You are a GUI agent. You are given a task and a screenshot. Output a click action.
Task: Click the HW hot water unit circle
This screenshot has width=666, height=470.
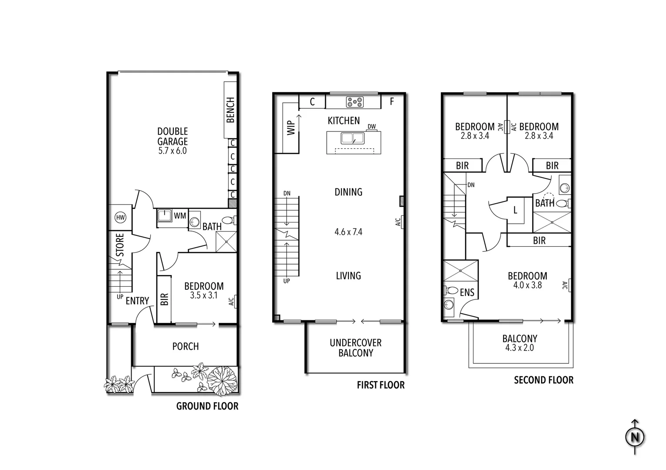point(120,218)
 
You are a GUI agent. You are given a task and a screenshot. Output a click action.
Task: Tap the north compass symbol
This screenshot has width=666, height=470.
point(635,437)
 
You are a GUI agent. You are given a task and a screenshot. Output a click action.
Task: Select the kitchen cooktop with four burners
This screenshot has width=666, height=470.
point(354,102)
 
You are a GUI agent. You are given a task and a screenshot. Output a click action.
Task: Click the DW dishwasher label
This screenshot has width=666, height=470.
point(372,127)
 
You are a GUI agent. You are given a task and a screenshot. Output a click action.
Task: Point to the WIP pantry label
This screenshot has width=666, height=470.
point(291,128)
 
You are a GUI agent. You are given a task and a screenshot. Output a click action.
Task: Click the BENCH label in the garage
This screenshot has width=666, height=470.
point(230,110)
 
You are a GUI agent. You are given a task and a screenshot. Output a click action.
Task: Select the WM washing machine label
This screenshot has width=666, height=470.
point(180,215)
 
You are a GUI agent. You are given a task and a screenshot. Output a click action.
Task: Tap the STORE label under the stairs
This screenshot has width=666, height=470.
point(120,245)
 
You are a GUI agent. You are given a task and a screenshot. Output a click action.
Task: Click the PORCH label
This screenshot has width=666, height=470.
point(186,346)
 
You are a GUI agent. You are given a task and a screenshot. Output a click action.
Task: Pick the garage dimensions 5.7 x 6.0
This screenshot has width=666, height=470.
point(172,151)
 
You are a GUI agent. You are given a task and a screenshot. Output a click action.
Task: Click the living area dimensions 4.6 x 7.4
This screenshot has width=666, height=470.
point(348,232)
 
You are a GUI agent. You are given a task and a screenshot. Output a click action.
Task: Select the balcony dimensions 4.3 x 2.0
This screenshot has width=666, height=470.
point(520,348)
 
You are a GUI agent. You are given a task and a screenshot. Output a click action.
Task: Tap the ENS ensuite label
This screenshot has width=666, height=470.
point(467,292)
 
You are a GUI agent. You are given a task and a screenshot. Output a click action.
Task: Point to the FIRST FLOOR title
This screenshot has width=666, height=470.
point(381,385)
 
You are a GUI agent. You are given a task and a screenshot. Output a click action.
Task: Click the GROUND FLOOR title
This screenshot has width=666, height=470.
point(207,406)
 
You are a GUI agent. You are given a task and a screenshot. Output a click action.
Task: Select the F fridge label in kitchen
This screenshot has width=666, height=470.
point(392,102)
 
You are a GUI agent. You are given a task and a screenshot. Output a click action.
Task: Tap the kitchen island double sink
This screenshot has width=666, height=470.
point(353,138)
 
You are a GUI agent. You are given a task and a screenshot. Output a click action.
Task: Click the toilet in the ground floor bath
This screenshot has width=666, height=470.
point(228,220)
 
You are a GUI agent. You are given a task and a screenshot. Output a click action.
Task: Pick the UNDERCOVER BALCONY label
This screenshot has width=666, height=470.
point(355,348)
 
